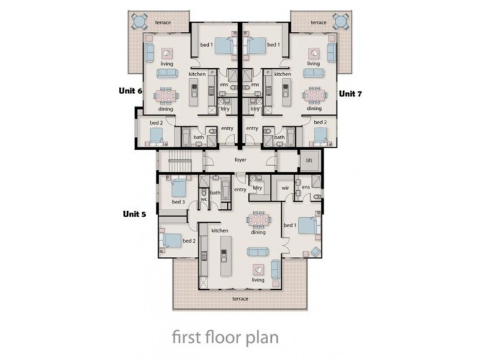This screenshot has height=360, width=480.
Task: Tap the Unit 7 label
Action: coord(349,94)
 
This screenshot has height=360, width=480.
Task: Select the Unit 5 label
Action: coord(135,213)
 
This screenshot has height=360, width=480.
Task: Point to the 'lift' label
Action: coord(310,161)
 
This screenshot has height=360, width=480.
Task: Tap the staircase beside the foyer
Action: coord(179,161)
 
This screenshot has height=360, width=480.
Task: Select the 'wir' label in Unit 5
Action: coord(286,187)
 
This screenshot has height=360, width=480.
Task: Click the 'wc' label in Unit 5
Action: coord(204,199)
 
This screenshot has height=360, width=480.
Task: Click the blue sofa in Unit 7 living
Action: coord(313,73)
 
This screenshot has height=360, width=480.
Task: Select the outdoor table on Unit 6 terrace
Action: coord(139,22)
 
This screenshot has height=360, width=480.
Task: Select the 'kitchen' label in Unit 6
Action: coord(197,74)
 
